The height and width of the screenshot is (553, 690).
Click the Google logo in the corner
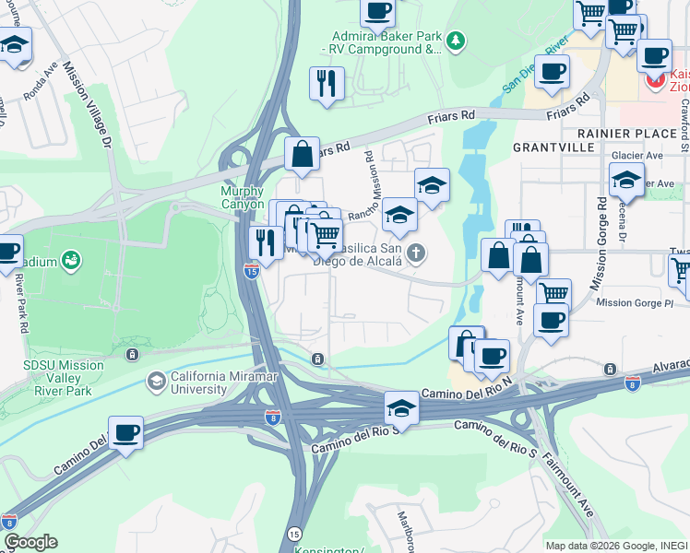[30, 542]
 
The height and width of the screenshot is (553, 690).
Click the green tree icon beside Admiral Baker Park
[455, 41]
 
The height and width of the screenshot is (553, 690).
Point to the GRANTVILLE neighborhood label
[551, 147]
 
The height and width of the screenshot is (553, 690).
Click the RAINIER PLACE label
[636, 134]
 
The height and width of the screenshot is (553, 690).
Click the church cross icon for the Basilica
[417, 253]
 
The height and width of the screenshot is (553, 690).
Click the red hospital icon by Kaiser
[656, 80]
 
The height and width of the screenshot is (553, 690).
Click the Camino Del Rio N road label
[466, 394]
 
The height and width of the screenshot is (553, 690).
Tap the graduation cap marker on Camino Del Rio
[401, 406]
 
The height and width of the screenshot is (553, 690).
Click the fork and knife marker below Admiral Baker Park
[326, 83]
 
